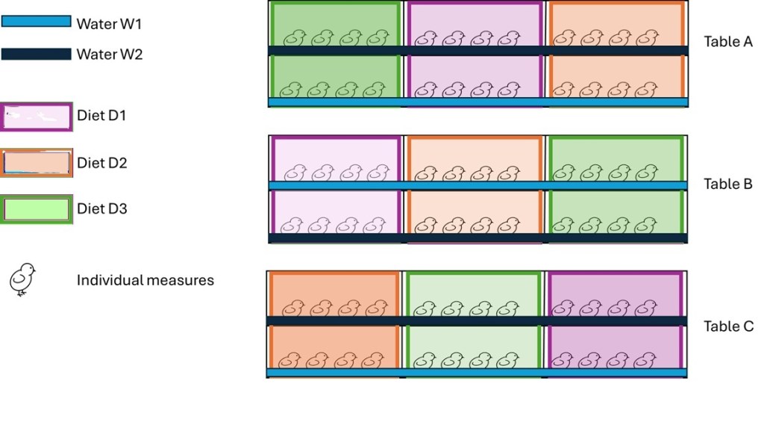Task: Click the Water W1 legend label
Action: pos(109,24)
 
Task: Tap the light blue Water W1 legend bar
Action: pos(36,22)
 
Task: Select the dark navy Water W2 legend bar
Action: pos(36,54)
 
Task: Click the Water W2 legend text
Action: pos(110,55)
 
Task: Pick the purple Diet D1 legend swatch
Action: pos(37,117)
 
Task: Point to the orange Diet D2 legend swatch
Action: pos(37,163)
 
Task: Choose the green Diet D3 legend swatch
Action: pos(37,209)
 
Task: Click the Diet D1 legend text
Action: pos(102,117)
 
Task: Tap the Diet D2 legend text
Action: pos(102,163)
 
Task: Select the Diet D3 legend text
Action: pos(102,209)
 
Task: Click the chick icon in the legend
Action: pos(22,279)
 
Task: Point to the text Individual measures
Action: pos(145,281)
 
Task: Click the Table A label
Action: pos(728,42)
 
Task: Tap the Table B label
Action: pos(728,184)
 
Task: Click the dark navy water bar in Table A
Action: pos(477,51)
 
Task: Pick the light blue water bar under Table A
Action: pos(477,102)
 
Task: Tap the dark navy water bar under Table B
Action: pos(477,238)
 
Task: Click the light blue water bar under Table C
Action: pos(477,372)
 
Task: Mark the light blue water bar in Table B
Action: pos(477,185)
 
